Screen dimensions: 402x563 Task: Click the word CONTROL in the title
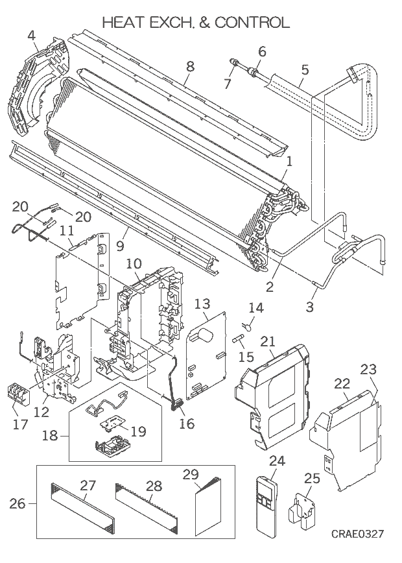(252, 22)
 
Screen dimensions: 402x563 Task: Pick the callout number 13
(202, 304)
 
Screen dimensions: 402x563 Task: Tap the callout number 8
(190, 66)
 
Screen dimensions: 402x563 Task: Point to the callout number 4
(32, 35)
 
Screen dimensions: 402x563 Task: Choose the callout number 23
(368, 370)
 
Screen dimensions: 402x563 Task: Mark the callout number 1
(289, 162)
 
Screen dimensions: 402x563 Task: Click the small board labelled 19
(113, 424)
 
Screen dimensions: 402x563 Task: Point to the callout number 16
(187, 424)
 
